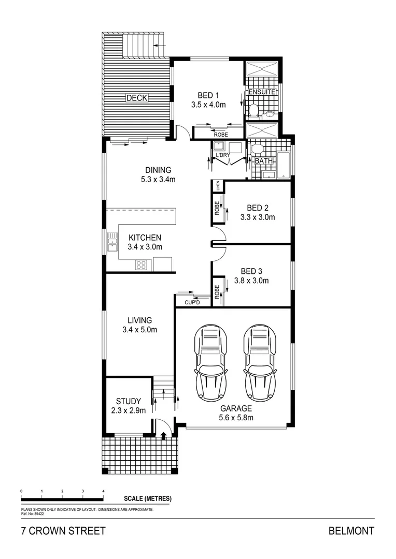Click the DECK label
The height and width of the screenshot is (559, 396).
coord(137,98)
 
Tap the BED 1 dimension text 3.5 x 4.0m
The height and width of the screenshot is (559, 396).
coord(208,105)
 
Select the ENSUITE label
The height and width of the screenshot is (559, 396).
coord(261,92)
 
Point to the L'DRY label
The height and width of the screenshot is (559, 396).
coord(223,154)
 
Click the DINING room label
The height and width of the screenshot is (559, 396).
coord(158,170)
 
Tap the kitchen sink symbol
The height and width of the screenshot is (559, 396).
coord(112,242)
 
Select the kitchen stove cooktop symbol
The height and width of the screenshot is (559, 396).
coord(141,265)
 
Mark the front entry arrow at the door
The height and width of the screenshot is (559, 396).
coord(164,435)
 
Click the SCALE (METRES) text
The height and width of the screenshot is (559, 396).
coord(148,498)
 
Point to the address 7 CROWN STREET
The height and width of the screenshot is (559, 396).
coord(63,531)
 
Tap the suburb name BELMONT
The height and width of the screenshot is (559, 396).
coord(351,531)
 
